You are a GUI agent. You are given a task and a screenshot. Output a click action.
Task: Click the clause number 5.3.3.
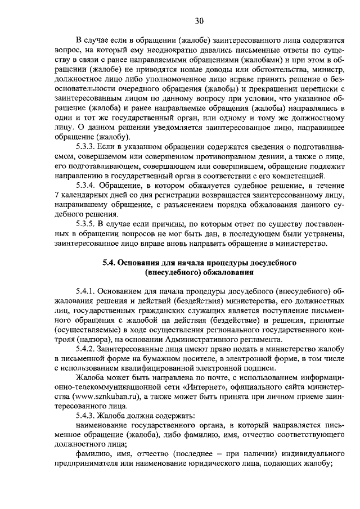pos(87,146)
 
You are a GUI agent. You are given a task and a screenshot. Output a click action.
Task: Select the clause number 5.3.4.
pos(87,186)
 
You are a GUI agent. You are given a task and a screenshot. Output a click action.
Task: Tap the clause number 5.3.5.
pos(87,225)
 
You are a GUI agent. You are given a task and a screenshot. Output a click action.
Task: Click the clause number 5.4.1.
pos(87,292)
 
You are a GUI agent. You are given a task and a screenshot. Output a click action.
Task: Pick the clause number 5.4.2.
pos(87,349)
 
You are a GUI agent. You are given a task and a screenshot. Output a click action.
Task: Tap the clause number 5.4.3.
pos(87,416)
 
